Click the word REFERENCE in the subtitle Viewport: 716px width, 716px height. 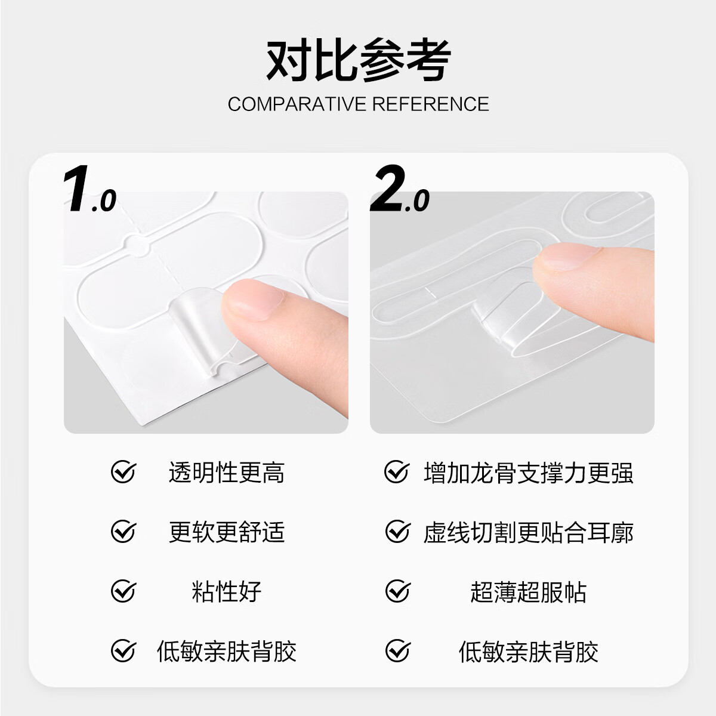[x=431, y=104]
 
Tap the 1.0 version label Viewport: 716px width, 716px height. [x=89, y=191]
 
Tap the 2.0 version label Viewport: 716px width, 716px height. [x=399, y=191]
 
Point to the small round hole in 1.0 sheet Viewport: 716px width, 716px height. [x=138, y=245]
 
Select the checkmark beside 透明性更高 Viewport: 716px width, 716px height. [x=124, y=473]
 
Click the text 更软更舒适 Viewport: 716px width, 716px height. [x=227, y=532]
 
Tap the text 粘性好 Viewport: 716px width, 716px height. [x=227, y=592]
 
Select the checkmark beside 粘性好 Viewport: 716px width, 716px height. [x=124, y=591]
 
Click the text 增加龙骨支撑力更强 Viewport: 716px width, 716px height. [x=528, y=473]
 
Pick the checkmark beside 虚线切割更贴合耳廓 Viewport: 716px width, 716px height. [x=397, y=532]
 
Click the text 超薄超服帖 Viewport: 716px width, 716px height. [x=528, y=592]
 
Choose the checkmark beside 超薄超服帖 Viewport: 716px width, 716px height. [x=397, y=591]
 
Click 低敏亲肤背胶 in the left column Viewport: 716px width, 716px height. [x=227, y=651]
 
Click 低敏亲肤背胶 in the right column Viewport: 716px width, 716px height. [x=528, y=651]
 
